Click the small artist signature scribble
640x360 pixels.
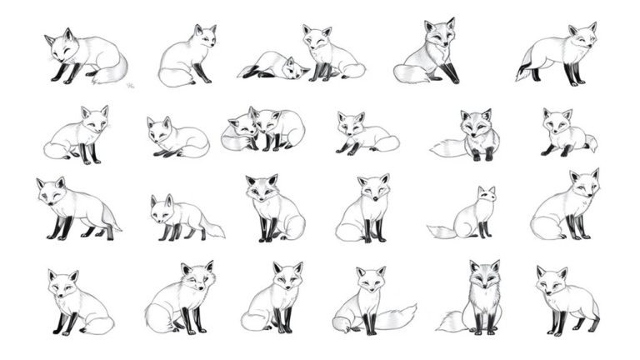coord(130,85)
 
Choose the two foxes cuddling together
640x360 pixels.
coord(262,130)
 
